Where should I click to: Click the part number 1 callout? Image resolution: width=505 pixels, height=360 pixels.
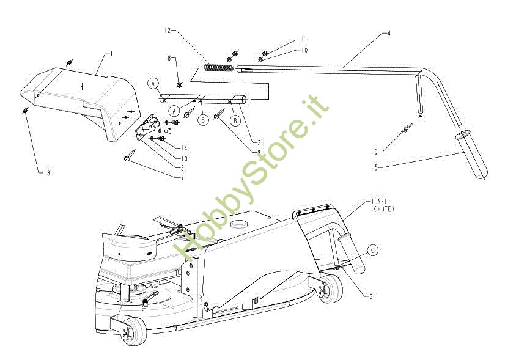(x=111, y=54)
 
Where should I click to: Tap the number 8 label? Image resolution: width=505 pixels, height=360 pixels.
(x=169, y=58)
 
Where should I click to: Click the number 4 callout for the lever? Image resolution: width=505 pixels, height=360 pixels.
(x=389, y=33)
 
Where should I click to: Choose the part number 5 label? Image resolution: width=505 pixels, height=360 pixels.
(x=376, y=167)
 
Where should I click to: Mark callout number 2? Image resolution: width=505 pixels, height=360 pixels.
(x=242, y=142)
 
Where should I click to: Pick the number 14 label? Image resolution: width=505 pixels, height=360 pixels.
(x=183, y=148)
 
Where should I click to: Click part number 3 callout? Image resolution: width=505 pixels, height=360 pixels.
(x=182, y=167)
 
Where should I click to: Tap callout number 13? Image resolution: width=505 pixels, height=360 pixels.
(x=46, y=173)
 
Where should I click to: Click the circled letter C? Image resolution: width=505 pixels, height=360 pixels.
(x=374, y=250)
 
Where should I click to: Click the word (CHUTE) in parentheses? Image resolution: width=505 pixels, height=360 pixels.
(x=383, y=209)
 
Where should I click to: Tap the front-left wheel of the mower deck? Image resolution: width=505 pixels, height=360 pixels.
(x=131, y=330)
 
